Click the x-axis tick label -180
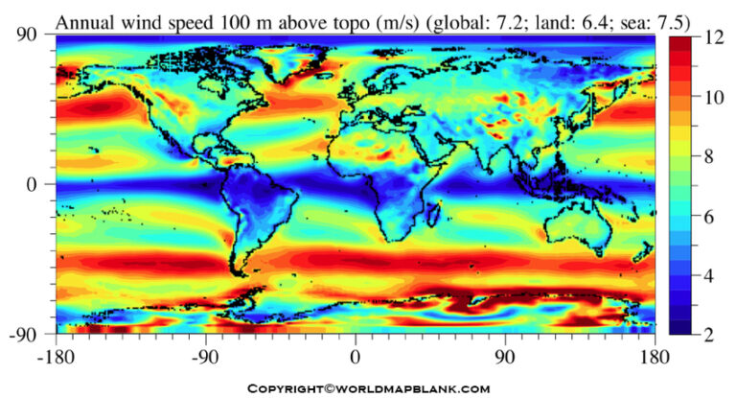point(56,352)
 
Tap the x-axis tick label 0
point(356,352)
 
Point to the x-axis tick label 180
point(655,352)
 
